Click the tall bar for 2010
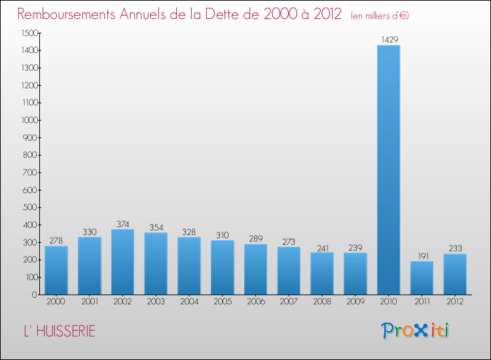388,170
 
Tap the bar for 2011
422,278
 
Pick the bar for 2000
56,270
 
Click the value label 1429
388,40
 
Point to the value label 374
122,224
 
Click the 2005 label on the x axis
222,302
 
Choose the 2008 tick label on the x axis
322,302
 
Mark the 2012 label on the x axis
455,302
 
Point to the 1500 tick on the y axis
29,33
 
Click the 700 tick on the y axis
31,173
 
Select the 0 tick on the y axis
35,295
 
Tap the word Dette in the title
225,14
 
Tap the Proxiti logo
415,331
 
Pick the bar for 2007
289,270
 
